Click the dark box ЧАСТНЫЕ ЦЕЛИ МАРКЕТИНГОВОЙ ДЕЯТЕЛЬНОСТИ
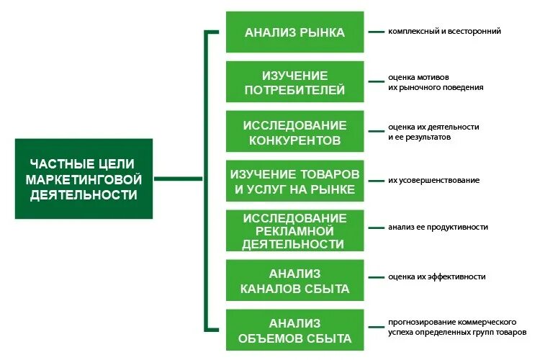pos(84,179)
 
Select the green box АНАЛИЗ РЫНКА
pos(294,32)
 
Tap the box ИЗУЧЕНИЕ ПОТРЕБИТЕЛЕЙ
pos(294,82)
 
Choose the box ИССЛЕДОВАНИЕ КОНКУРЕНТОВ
pos(294,132)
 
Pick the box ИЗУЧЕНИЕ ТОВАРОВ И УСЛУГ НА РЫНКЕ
pos(294,181)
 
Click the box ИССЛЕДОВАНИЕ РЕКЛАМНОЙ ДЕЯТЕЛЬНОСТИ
pos(294,230)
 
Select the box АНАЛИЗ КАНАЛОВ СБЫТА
pos(294,281)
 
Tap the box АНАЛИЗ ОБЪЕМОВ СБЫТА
pos(294,330)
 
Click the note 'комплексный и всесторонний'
pos(444,32)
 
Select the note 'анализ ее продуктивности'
pos(438,227)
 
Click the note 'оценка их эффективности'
pos(436,276)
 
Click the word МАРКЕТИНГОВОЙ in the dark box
pos(84,179)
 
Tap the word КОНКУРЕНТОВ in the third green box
pos(294,140)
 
